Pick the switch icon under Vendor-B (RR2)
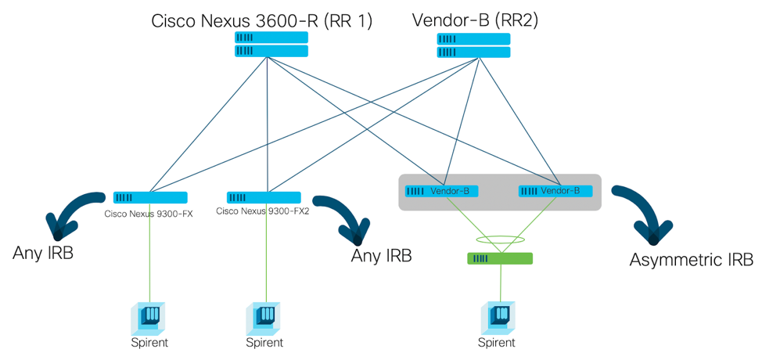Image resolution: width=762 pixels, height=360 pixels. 473,45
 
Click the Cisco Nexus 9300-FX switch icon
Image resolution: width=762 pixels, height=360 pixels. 150,197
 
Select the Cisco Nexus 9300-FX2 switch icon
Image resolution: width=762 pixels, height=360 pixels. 264,197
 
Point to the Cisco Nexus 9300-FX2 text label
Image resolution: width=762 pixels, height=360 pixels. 263,211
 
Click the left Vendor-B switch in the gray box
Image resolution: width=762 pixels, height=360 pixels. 442,191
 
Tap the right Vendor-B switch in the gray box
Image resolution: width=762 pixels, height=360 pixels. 555,191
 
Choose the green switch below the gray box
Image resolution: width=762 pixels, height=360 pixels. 499,258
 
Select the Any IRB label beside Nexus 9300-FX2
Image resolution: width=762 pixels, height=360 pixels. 380,255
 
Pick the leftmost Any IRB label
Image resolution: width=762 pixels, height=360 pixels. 43,253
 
